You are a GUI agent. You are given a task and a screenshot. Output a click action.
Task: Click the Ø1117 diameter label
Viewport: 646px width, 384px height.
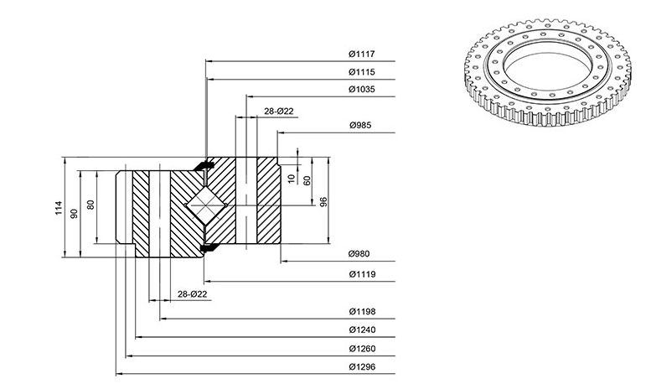pos(361,54)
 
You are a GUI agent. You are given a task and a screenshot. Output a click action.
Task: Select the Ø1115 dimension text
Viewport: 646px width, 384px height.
pos(362,72)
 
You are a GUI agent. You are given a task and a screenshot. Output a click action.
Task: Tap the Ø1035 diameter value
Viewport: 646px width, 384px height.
pos(362,89)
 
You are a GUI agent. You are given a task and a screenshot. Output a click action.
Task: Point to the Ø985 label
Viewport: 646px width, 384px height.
pos(360,125)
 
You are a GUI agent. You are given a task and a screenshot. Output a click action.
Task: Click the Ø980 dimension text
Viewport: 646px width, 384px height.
pos(359,254)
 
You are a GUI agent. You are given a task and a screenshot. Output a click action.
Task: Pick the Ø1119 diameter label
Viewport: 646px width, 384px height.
pos(362,274)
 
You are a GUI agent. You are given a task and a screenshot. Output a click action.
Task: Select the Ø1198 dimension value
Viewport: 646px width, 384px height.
pos(362,311)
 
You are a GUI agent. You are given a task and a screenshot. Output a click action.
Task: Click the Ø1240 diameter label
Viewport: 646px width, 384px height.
pos(362,330)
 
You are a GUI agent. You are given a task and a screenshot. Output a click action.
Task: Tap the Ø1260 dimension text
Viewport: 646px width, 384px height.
pos(362,349)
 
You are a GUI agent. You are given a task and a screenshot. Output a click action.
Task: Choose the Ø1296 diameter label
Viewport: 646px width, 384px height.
pos(362,366)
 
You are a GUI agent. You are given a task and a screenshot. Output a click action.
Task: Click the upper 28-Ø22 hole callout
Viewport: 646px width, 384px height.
pos(279,111)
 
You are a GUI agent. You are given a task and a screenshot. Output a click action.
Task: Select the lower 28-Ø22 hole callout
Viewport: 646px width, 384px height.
pos(193,294)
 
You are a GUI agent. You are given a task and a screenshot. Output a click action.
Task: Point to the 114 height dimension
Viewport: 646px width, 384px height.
pos(59,207)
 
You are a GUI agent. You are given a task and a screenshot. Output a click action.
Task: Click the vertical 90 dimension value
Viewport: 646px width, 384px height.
pos(75,214)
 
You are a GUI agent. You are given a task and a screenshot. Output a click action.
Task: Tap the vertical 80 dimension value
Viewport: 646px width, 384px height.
pos(90,205)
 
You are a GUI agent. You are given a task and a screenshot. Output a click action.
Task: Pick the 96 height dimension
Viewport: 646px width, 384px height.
pos(323,202)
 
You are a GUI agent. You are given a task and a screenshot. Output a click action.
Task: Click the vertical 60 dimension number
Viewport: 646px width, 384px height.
pos(307,180)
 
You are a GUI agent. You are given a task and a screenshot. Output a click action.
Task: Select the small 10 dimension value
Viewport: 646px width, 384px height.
pos(292,179)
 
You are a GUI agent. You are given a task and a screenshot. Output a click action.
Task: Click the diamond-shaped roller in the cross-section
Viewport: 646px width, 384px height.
pos(206,205)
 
